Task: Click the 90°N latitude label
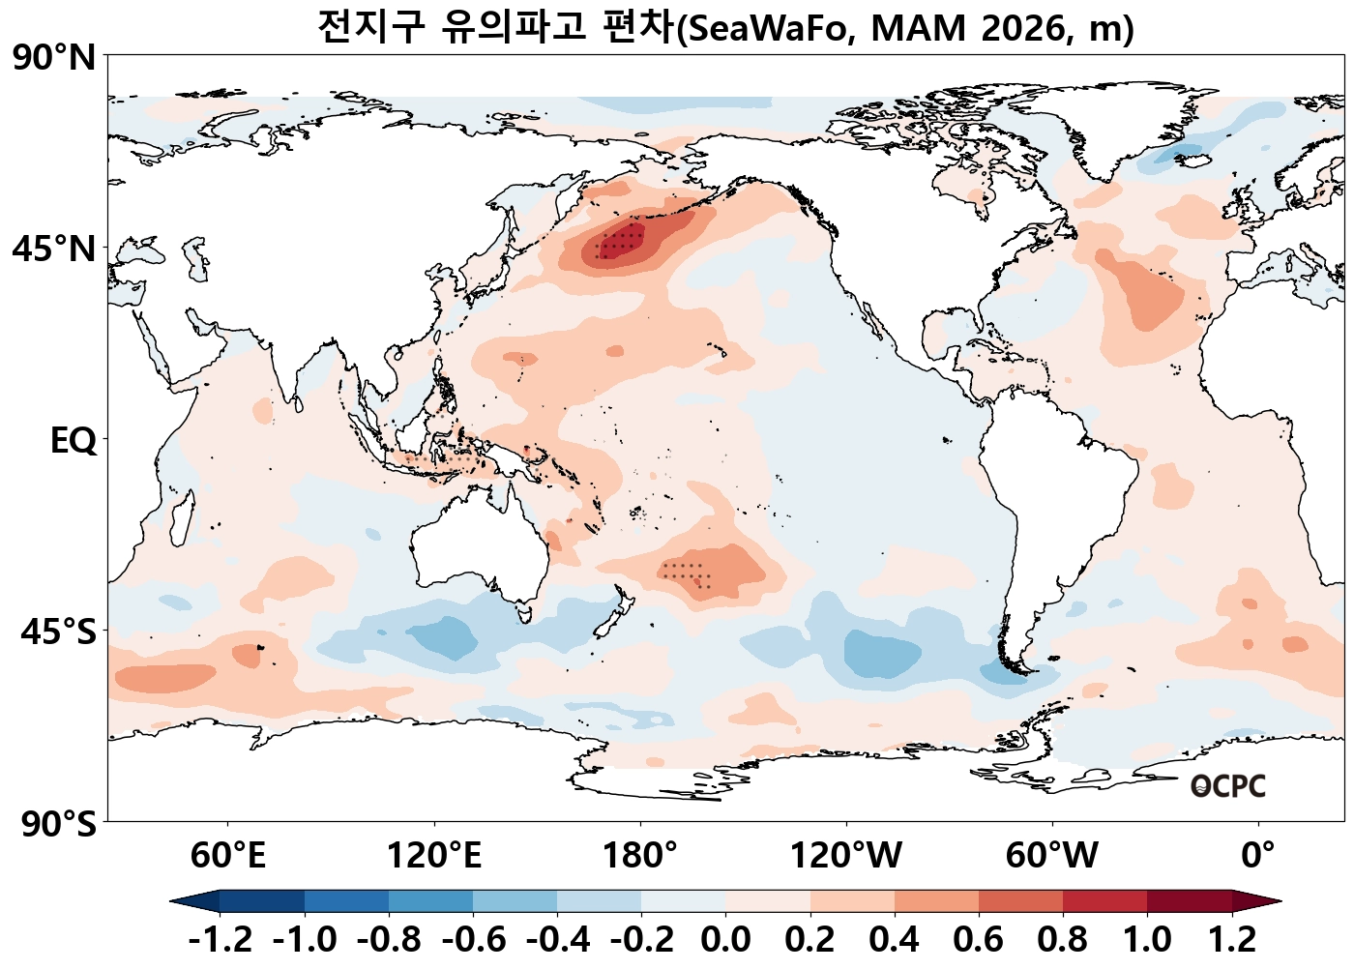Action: tap(54, 58)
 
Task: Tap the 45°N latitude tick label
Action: tap(54, 249)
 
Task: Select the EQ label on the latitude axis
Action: tap(74, 441)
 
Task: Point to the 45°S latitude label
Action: tap(58, 632)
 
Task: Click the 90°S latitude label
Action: tap(58, 824)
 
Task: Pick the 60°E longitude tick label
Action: tap(227, 856)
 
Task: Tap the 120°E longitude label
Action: tap(434, 856)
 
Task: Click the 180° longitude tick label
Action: tap(640, 856)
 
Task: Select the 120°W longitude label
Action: tap(846, 856)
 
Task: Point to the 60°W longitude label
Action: tap(1052, 856)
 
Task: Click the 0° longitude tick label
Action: tap(1258, 856)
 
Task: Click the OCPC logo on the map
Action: tap(1227, 786)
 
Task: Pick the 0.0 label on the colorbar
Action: tap(725, 939)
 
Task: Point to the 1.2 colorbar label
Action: tap(1232, 939)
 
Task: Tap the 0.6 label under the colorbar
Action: tap(979, 939)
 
